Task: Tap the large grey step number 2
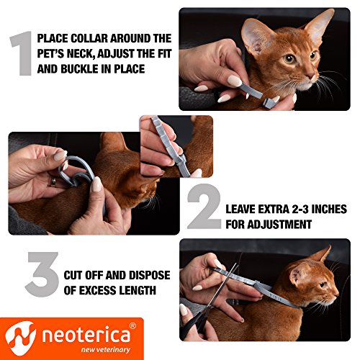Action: [x=204, y=207]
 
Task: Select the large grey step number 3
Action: [x=42, y=274]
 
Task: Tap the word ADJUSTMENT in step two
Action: [x=279, y=225]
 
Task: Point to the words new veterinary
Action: [x=106, y=350]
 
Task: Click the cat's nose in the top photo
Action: [x=312, y=76]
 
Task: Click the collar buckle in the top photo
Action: [x=269, y=102]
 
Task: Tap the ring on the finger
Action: [x=53, y=182]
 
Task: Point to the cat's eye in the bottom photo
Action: [x=323, y=284]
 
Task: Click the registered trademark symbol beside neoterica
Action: [x=132, y=325]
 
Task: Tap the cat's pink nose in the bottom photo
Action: [x=337, y=294]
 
